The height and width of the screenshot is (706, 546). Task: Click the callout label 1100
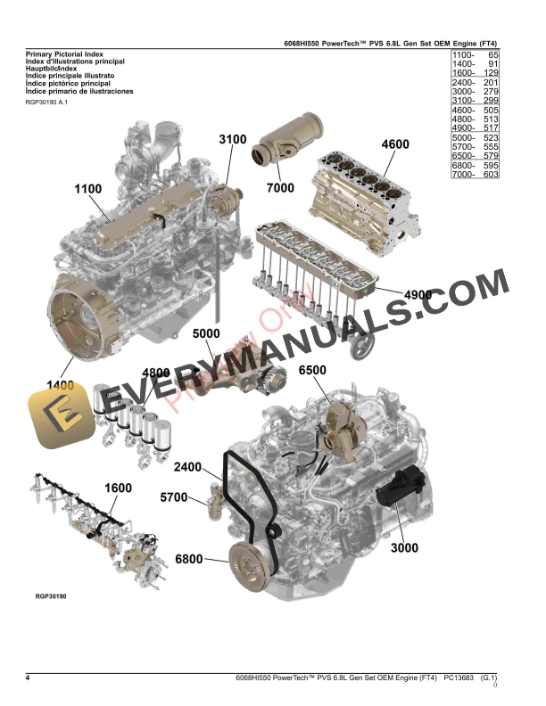(x=88, y=189)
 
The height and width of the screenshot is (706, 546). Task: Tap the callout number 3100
(x=233, y=140)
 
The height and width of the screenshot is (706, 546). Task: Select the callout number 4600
(x=395, y=144)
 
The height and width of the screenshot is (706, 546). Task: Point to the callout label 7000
(x=279, y=189)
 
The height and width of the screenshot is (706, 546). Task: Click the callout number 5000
(x=206, y=334)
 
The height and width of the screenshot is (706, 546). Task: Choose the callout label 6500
(x=312, y=371)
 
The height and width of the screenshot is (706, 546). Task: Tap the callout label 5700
(x=173, y=497)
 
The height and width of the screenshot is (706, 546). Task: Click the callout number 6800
(x=189, y=559)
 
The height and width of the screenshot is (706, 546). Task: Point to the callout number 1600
(x=119, y=488)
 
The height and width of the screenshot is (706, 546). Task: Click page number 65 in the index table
(x=490, y=55)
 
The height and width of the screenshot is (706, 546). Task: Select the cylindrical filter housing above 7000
(x=285, y=150)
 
